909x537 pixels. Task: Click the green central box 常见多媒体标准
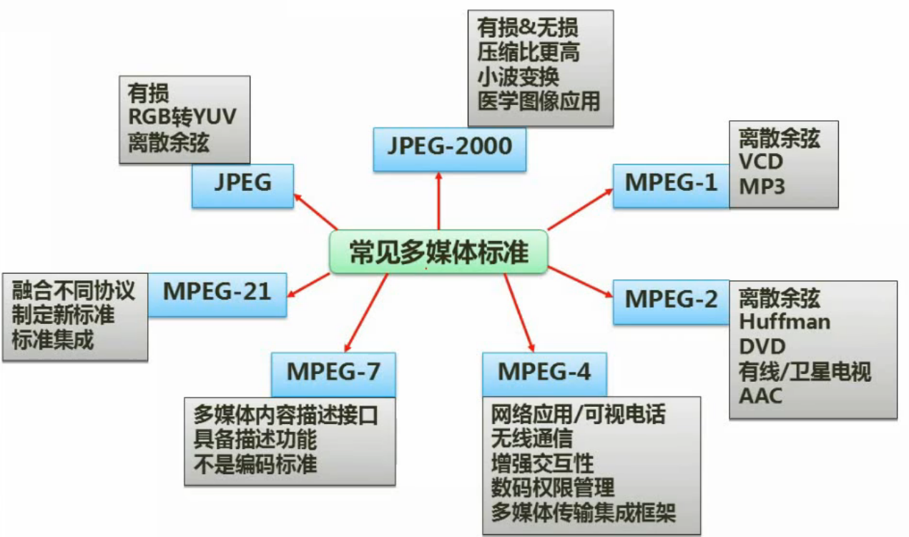(x=438, y=252)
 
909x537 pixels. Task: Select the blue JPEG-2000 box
(x=450, y=149)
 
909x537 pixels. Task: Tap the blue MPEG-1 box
(x=671, y=186)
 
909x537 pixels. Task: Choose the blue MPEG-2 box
(x=671, y=302)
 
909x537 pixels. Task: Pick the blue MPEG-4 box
(x=544, y=375)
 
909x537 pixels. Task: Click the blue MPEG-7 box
(x=333, y=375)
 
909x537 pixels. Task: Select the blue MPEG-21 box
(x=217, y=295)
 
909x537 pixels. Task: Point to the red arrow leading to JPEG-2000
(x=438, y=201)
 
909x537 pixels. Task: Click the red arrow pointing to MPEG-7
(x=366, y=312)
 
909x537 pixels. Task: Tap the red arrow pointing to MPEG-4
(x=519, y=312)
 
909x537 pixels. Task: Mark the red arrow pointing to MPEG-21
(x=308, y=285)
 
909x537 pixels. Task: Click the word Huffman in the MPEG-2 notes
(x=785, y=322)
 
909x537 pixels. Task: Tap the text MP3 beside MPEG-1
(x=762, y=187)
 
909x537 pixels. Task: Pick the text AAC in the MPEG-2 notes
(x=760, y=396)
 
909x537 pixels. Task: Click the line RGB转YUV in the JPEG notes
(x=182, y=117)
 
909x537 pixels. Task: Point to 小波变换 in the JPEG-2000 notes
(x=519, y=77)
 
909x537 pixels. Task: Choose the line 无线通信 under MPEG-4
(x=532, y=438)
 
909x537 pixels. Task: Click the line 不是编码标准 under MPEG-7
(x=255, y=464)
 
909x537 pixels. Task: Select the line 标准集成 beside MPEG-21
(x=53, y=340)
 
